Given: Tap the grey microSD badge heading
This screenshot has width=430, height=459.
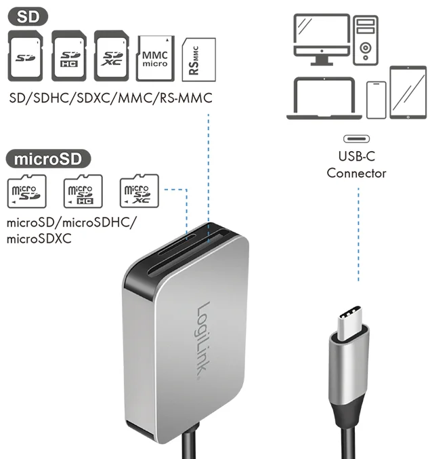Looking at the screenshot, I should tap(48, 159).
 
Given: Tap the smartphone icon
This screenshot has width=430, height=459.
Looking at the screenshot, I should tap(376, 100).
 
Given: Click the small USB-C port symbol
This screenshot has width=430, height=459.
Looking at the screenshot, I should tap(356, 138).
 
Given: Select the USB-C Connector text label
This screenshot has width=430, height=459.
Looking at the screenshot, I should tap(356, 165).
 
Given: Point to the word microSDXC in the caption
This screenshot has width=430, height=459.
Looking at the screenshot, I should tap(39, 239).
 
